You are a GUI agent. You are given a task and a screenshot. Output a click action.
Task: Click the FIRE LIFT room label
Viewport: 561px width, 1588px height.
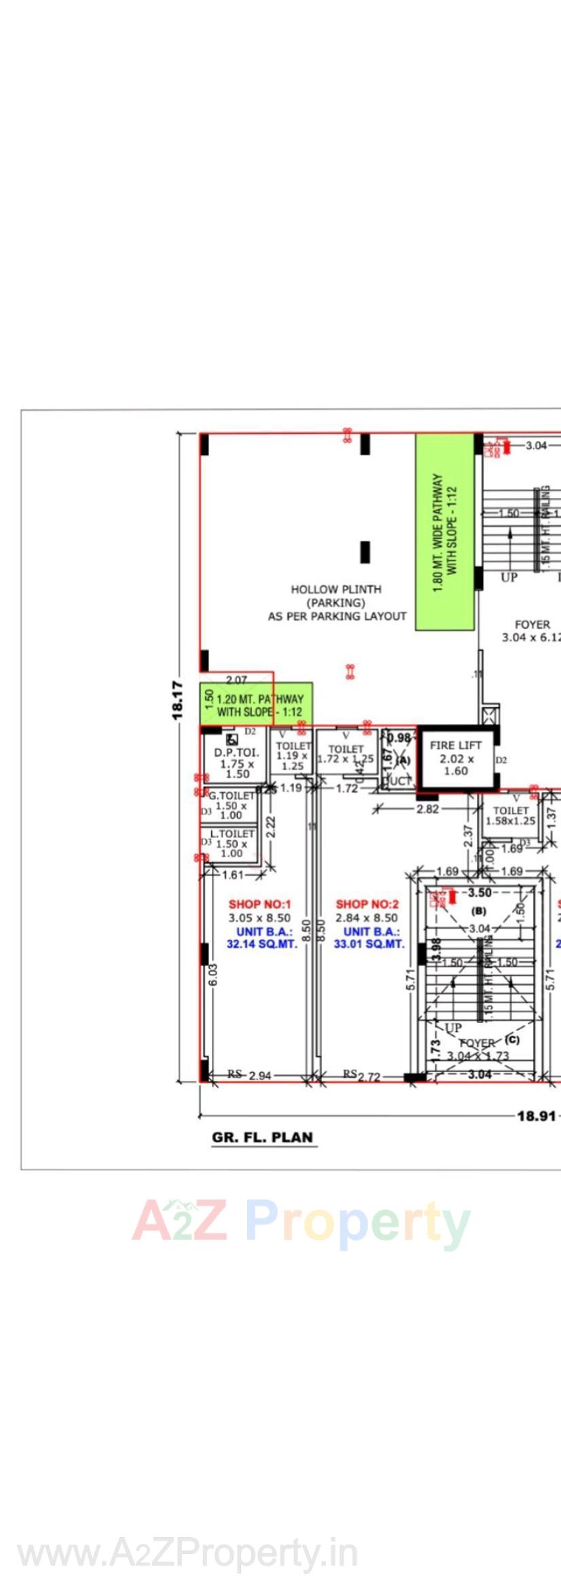pos(455,745)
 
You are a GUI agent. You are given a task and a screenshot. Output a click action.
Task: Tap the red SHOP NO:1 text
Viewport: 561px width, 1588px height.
pos(259,904)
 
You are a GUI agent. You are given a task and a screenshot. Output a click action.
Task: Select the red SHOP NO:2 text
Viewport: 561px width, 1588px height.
pos(367,904)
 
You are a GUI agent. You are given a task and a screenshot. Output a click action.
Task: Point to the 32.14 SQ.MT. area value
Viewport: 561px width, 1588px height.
pos(261,944)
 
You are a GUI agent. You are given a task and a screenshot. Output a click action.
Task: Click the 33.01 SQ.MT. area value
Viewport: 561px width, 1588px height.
pos(369,944)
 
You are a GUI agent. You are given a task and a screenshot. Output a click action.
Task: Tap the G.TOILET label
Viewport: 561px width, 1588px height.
pos(232,795)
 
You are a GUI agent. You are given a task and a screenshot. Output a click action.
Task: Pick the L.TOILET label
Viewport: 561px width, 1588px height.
pos(232,833)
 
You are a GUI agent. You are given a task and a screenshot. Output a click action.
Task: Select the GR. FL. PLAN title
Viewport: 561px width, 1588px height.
pos(263,1137)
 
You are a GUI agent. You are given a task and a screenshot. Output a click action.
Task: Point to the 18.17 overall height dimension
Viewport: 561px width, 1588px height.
pos(178,700)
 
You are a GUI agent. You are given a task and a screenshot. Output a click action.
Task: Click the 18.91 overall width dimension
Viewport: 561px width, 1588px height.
pos(537,1115)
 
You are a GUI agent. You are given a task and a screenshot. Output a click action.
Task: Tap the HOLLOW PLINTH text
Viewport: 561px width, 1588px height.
pos(336,590)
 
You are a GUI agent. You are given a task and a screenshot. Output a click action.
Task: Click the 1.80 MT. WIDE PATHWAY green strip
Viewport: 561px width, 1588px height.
pos(445,532)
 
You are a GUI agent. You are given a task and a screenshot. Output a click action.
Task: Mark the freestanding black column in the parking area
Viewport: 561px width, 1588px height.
pos(365,552)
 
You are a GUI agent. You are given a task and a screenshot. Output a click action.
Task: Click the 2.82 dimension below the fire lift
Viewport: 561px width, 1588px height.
pos(428,809)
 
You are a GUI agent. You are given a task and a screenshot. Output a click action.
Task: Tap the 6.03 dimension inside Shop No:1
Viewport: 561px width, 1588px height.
pos(213,975)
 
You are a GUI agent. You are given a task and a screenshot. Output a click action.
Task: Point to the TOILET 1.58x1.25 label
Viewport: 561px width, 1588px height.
pos(511,815)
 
